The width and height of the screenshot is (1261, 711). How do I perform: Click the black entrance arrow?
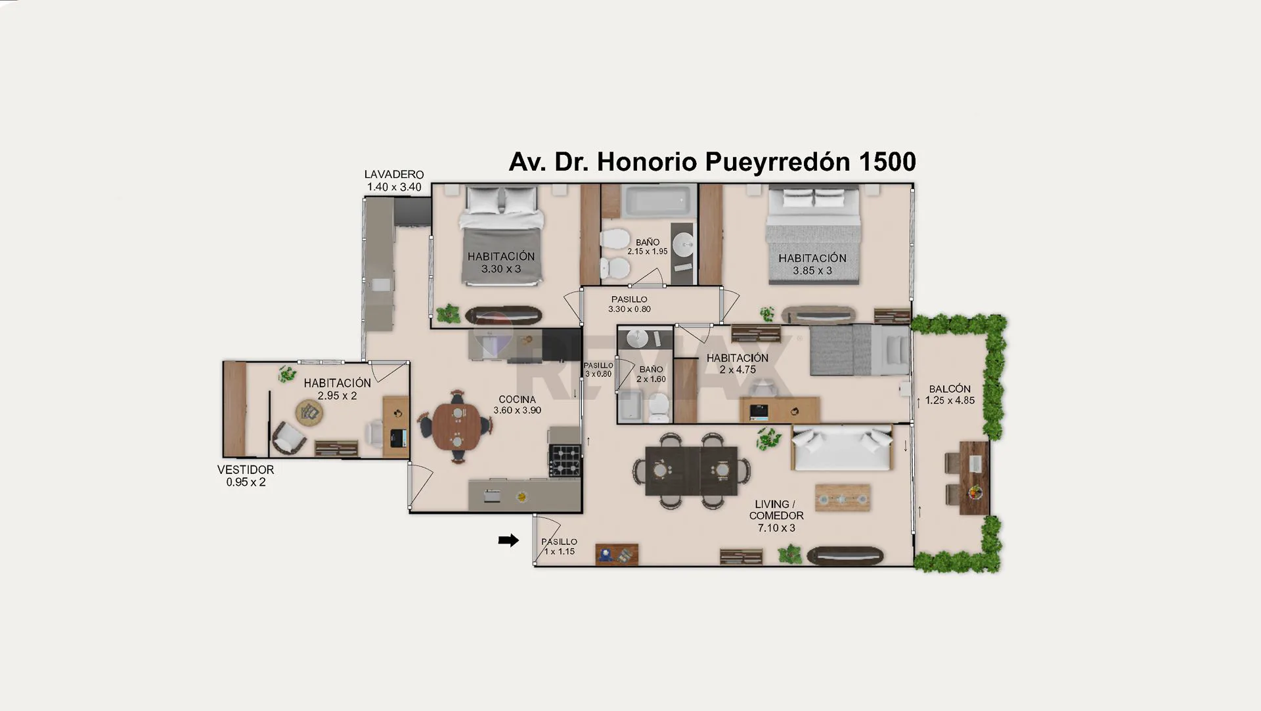508,540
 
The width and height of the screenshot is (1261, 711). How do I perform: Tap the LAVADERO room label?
394,175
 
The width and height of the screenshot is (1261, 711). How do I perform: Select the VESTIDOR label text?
246,470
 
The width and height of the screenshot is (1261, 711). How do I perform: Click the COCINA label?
517,399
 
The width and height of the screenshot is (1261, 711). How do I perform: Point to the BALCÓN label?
950,389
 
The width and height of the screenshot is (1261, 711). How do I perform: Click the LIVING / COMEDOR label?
776,510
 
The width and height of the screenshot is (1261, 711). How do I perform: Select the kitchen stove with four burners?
565,460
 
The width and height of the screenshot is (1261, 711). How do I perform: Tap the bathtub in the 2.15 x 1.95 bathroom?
658,201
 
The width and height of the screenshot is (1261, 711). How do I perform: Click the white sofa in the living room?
841,448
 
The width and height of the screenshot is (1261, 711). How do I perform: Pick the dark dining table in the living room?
692,471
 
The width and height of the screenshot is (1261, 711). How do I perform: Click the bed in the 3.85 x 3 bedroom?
813,234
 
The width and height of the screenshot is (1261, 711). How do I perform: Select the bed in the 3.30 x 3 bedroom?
501,236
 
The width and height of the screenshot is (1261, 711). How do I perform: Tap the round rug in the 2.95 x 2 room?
309,412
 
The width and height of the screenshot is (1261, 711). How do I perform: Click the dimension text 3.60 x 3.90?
517,410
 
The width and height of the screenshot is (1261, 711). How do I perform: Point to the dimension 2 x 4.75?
738,370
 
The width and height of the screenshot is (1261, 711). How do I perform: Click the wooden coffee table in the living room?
843,498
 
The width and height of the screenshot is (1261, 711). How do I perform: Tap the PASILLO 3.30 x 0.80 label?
629,304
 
